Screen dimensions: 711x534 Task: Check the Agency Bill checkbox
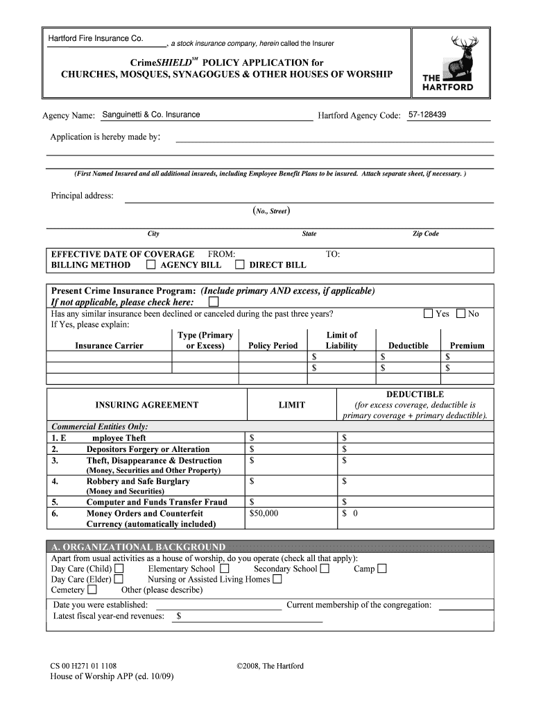[150, 265]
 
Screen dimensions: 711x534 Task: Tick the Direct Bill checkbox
[239, 265]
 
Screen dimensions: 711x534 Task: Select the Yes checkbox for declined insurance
[429, 314]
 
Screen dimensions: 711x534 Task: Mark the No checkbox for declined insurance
[461, 314]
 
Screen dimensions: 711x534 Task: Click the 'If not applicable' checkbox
[213, 303]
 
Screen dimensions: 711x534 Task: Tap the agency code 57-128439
[427, 115]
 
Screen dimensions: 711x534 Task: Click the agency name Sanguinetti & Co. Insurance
[150, 115]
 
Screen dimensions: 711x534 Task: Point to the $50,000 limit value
[264, 514]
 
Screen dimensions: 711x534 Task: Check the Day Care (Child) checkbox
[119, 569]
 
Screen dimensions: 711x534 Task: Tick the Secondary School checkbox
[325, 569]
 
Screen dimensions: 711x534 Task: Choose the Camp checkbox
[381, 569]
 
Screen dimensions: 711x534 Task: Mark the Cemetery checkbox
[92, 590]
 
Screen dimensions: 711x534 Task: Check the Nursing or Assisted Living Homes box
[277, 579]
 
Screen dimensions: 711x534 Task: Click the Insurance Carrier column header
[110, 346]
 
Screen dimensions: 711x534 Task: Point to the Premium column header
[467, 346]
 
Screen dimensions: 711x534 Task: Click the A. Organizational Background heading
[139, 546]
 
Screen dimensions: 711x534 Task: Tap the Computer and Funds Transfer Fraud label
[157, 502]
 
